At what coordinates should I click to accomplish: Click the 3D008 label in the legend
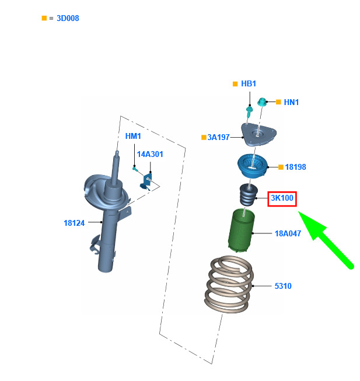pos(68,18)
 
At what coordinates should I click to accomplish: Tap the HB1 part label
pos(249,83)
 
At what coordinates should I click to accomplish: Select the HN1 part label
pos(291,102)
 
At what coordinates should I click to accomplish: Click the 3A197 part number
pos(218,137)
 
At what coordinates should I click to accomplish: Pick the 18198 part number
pos(295,167)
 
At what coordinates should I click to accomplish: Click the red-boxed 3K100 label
pos(282,198)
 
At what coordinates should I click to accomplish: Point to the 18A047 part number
pos(288,233)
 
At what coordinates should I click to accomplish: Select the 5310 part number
pos(283,286)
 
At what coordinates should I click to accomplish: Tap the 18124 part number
pos(74,223)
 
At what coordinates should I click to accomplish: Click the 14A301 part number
pos(150,154)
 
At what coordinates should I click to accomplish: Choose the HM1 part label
pos(133,136)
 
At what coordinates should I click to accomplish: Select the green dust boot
pos(241,230)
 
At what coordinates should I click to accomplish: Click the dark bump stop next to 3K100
pos(248,195)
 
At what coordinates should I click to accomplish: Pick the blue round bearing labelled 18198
pos(253,166)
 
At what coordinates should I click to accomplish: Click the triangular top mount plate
pos(258,134)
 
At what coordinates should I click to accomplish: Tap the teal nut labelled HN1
pos(262,102)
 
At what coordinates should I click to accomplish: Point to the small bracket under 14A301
pos(146,181)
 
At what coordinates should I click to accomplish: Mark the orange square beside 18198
pos(281,167)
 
